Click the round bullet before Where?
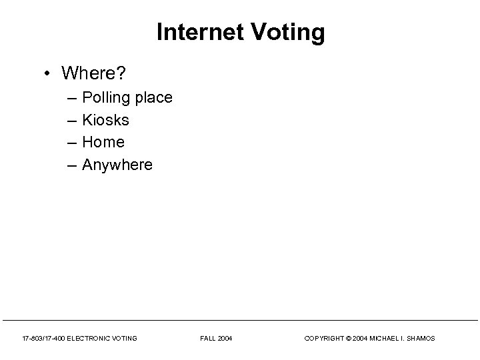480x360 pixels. [x=49, y=72]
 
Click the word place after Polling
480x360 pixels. [x=153, y=99]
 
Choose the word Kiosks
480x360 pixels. [x=105, y=121]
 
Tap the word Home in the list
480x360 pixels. [x=103, y=142]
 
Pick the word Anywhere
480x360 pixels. [x=117, y=164]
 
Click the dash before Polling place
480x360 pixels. [x=71, y=99]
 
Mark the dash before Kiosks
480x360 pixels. [x=71, y=121]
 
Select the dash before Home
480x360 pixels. [x=71, y=143]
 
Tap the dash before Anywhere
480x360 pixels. [x=71, y=165]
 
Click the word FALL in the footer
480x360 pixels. [x=207, y=339]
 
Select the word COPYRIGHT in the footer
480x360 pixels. [x=322, y=339]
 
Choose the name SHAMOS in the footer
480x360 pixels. [x=421, y=339]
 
